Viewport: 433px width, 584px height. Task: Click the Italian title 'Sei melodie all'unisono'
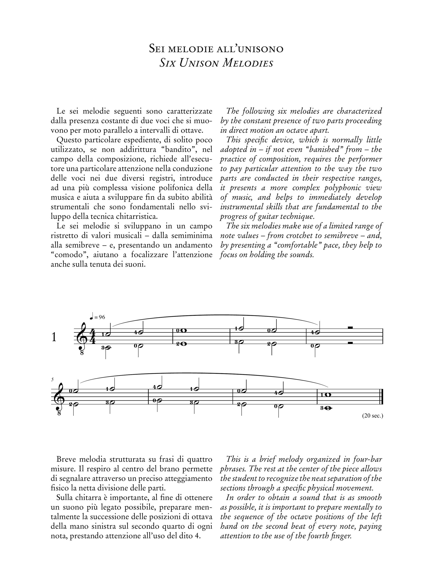pos(216,49)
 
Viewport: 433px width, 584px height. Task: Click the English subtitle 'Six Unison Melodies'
pos(216,63)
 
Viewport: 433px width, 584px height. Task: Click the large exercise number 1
pos(54,337)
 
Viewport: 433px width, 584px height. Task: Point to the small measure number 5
pos(52,379)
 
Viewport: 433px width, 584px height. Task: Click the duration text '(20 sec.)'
pos(372,416)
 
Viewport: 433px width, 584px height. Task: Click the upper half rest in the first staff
pos(350,328)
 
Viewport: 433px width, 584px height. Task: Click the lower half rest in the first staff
pos(350,342)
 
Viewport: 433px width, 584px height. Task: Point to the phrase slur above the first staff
pos(215,315)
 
